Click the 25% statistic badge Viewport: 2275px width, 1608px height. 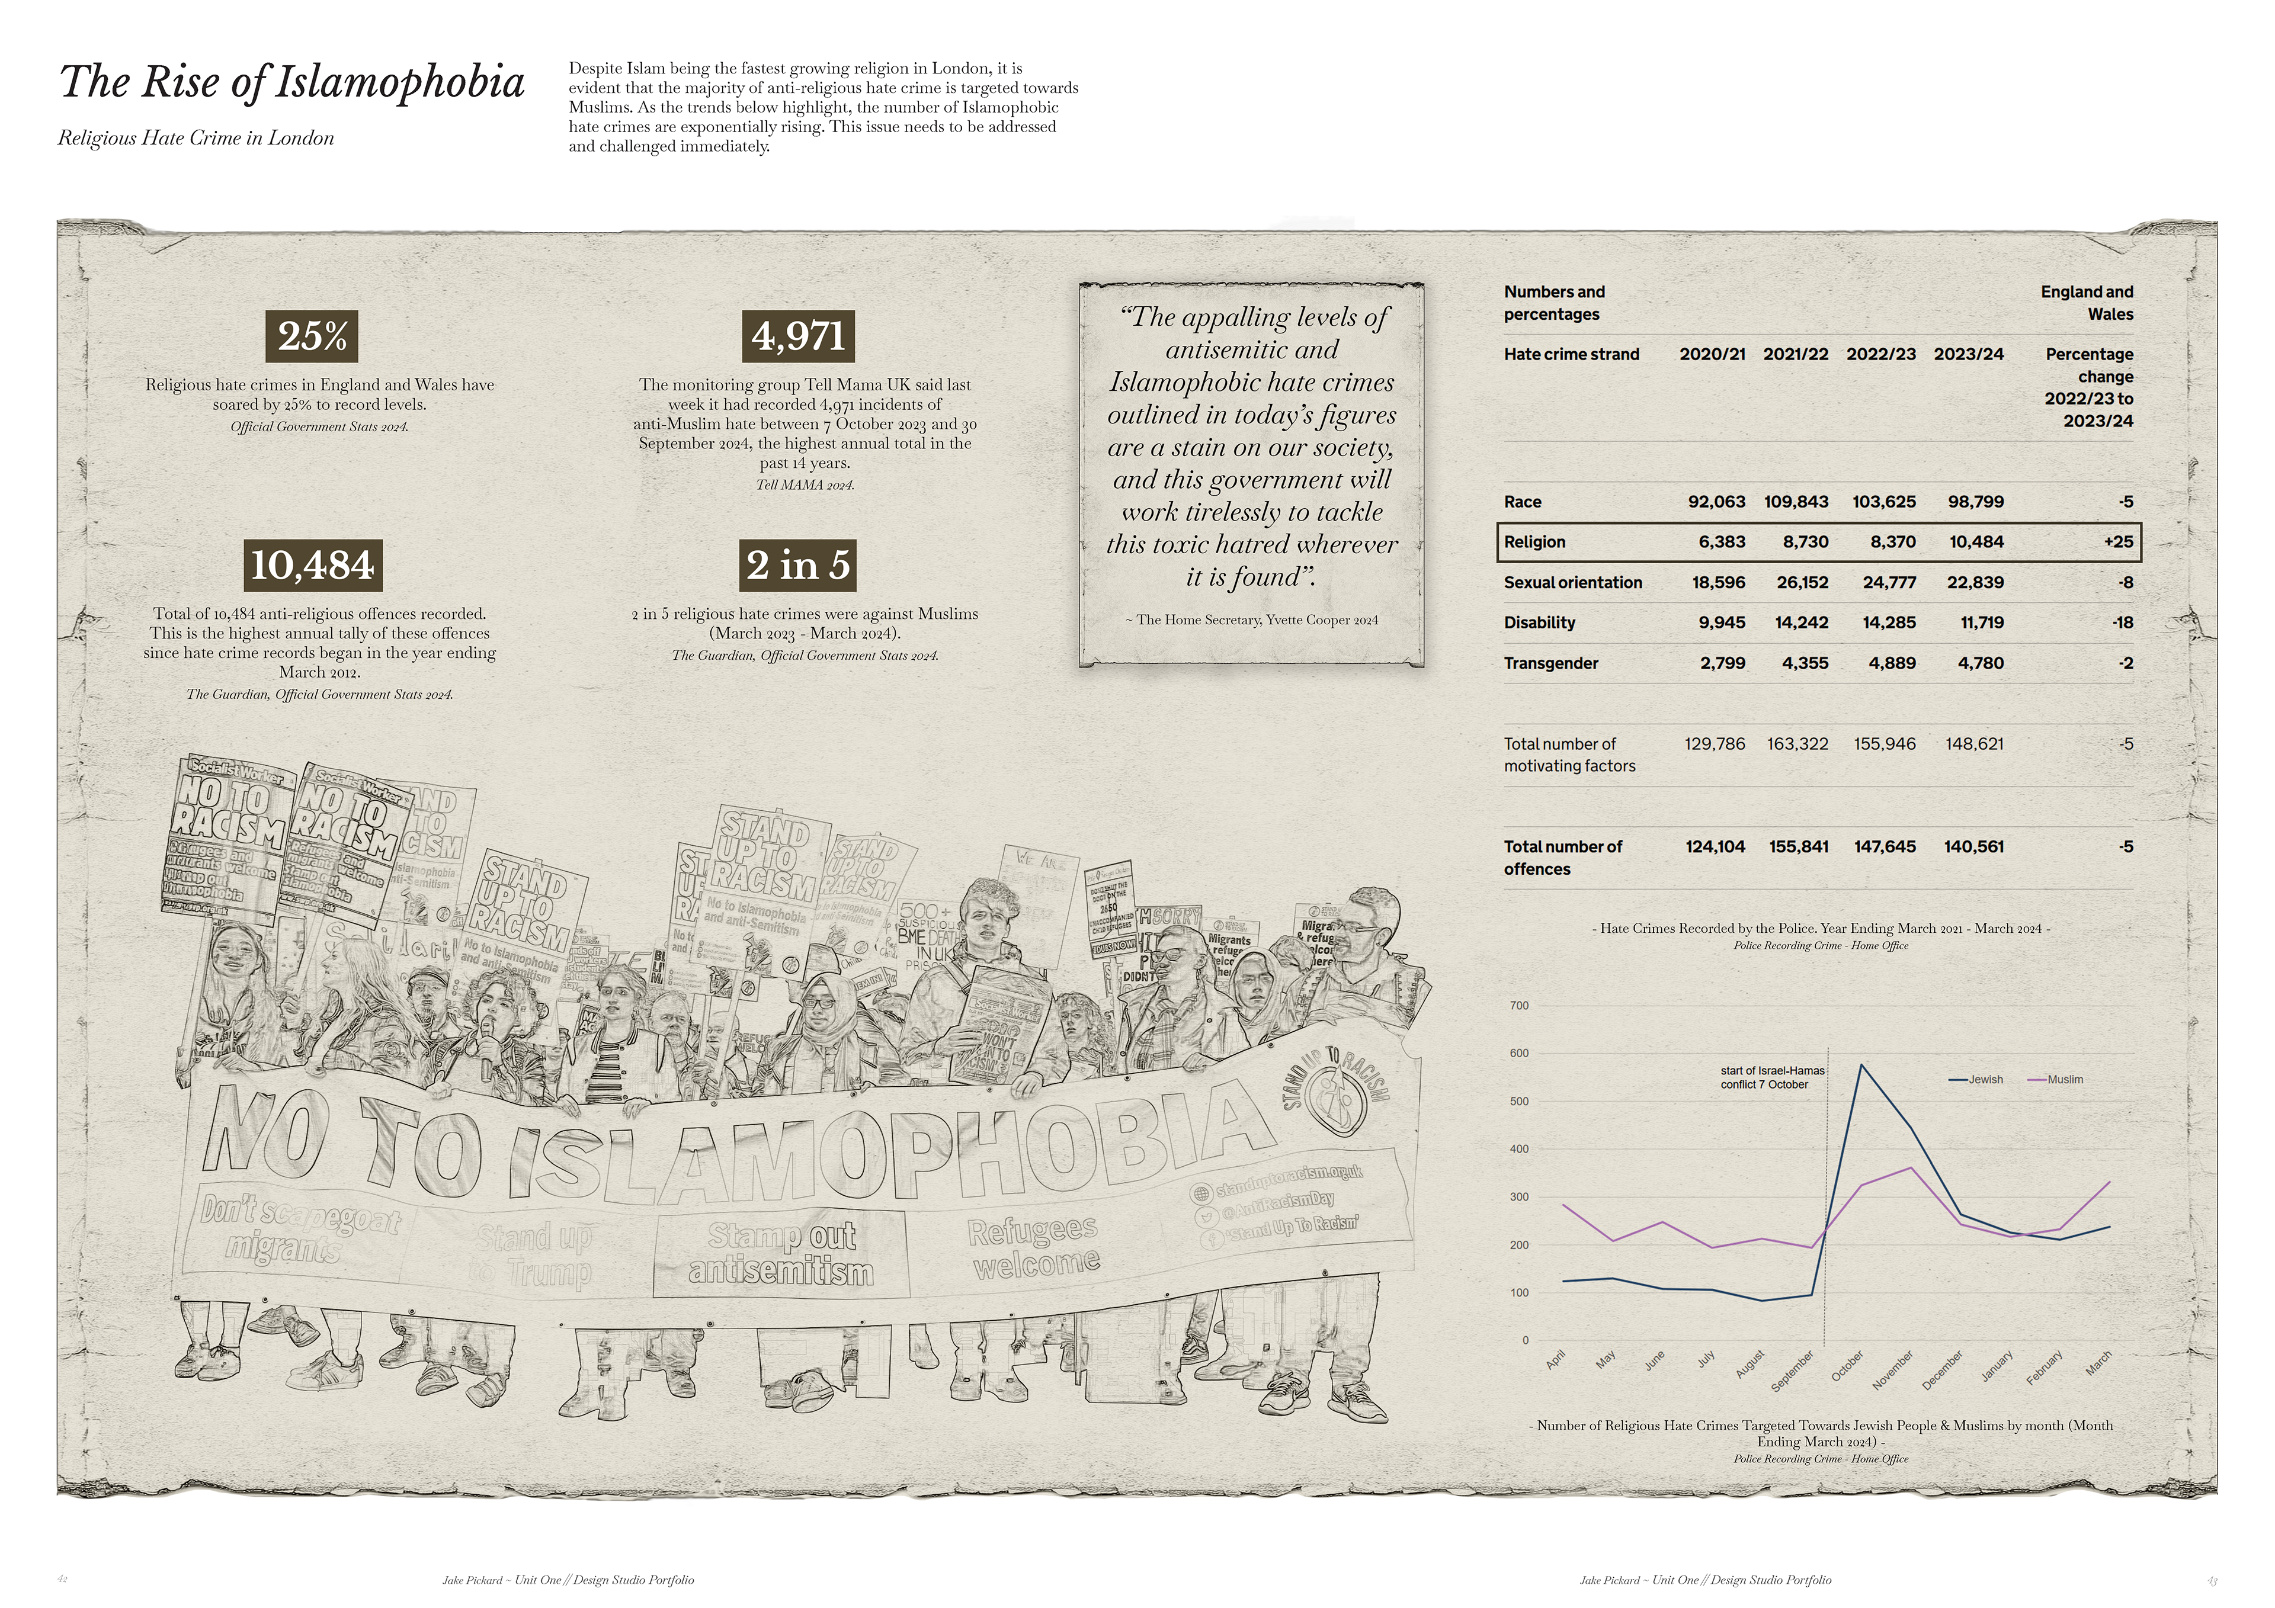coord(312,337)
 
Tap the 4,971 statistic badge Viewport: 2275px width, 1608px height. coord(797,337)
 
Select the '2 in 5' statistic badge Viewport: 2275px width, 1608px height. coord(797,565)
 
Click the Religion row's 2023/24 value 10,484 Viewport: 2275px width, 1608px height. coord(1975,542)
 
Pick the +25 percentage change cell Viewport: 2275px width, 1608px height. coord(2119,542)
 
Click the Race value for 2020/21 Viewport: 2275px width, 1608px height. coord(1716,501)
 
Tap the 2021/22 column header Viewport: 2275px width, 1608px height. coord(1796,354)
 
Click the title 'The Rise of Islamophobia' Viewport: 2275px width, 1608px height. coord(291,81)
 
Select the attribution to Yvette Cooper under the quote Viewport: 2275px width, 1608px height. coord(1251,620)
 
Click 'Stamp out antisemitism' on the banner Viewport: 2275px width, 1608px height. coord(781,1253)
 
